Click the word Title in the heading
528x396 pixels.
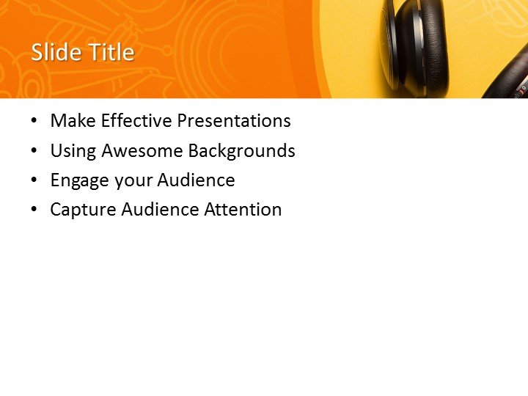point(111,53)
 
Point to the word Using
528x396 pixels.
point(73,151)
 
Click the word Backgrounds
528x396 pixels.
point(242,151)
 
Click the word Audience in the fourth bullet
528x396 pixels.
point(160,210)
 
